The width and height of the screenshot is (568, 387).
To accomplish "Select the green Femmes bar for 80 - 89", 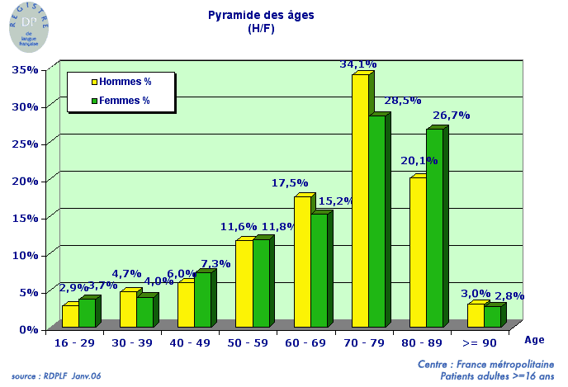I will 434,228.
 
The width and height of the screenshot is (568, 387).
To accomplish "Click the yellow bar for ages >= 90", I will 476,315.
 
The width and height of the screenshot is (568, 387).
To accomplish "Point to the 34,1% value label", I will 358,64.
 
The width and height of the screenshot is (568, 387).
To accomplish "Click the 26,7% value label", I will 452,116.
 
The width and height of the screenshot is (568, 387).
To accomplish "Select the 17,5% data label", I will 290,183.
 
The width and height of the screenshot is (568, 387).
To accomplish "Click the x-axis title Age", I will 535,338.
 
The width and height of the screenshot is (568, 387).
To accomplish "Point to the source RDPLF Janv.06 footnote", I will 57,376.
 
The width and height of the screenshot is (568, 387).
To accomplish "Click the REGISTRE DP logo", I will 28,26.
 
